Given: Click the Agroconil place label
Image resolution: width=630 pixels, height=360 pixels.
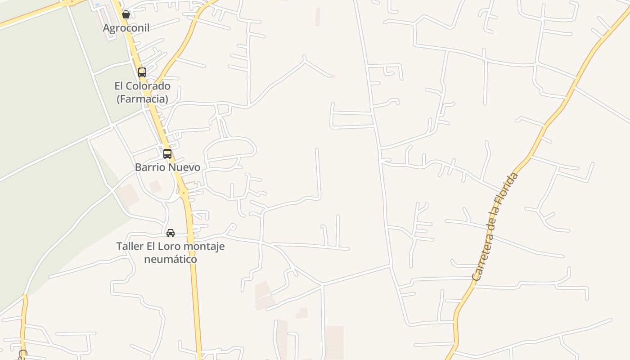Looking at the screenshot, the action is coord(126,28).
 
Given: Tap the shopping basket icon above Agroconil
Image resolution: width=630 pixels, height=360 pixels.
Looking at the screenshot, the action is coord(126,15).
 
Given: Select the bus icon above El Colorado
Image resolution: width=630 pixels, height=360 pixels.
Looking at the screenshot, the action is coord(142,72).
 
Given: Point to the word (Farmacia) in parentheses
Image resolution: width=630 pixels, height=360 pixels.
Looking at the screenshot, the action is coord(142,99).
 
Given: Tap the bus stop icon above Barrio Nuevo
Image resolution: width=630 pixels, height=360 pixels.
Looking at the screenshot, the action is coord(167,154).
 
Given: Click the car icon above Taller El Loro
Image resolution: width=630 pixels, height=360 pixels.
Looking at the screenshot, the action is coord(171,233).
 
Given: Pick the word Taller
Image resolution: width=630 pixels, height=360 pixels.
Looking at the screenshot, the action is coord(130,247).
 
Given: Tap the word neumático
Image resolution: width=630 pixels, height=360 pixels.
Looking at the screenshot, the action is coord(171,260).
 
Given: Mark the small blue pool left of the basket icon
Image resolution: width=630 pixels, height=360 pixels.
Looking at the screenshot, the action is coord(97,5).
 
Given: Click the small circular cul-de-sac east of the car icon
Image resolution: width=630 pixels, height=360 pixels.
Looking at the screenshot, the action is coord(232,226).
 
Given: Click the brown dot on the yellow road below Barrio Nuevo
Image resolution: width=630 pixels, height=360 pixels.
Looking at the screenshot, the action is coord(184,193).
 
